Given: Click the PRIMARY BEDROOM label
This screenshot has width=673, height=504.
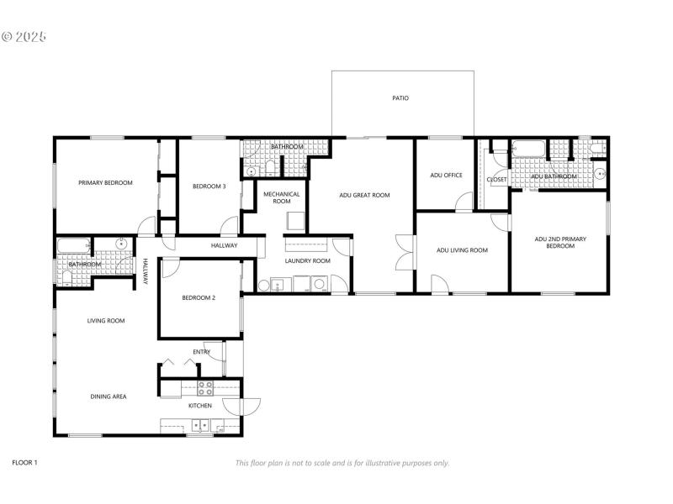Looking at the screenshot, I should point(105,182).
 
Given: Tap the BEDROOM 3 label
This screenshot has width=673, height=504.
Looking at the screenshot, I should point(209,186).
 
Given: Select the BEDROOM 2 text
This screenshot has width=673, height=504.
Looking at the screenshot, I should point(199,297).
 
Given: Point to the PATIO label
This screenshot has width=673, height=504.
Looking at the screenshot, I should point(400,98).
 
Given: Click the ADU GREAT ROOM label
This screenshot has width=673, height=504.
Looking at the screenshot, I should point(364,195).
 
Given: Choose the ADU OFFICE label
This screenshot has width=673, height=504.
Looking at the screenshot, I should point(447,176).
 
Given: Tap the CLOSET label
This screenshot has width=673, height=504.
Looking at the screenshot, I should point(496,179).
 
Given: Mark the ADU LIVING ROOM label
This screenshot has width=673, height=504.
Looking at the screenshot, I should point(462,249).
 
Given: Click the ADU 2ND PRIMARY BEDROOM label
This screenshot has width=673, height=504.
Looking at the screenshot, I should point(560,242).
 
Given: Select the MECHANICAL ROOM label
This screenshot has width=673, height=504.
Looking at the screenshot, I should point(282,197).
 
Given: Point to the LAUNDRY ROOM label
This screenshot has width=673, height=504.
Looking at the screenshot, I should point(307,260).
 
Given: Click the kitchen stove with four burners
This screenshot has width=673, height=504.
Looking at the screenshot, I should point(206,388).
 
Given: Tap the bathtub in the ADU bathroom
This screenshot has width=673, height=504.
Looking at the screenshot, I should point(529,150).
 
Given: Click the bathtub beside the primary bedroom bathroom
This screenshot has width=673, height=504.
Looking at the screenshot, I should point(73,246).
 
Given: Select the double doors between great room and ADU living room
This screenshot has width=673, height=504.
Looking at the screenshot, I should point(405,251).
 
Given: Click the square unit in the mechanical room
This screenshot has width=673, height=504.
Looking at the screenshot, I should point(295,220).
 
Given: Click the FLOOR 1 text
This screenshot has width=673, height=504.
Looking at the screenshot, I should point(24,462).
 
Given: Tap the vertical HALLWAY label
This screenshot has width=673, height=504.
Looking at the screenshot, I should point(145,271).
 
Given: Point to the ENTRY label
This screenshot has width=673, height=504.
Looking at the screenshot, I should point(202,352).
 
